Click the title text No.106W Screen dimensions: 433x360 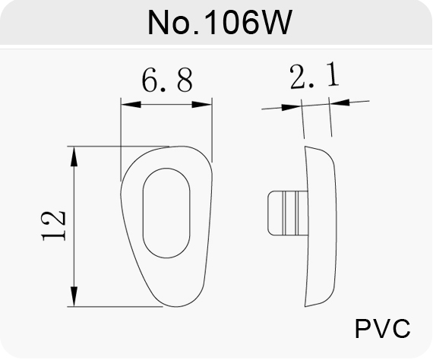[220, 22]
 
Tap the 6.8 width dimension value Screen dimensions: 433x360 [167, 81]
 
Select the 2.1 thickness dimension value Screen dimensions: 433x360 [314, 75]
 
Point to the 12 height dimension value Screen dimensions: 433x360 [54, 226]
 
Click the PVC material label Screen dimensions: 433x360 [382, 328]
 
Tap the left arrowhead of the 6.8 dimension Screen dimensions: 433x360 [131, 104]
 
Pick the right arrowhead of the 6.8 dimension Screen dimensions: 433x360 [202, 104]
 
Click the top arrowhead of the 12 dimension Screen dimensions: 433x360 [74, 156]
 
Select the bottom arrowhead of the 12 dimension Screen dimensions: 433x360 [74, 296]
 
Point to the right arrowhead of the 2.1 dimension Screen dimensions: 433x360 [340, 102]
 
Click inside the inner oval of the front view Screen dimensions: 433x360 [166, 213]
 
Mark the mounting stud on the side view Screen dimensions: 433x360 [287, 213]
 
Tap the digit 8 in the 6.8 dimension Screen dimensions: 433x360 [185, 81]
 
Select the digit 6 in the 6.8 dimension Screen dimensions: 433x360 [150, 81]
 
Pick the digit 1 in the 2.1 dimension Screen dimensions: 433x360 [333, 74]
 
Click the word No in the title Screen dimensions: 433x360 [169, 23]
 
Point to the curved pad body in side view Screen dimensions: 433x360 [321, 226]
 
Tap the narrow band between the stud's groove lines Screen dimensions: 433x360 [290, 213]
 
